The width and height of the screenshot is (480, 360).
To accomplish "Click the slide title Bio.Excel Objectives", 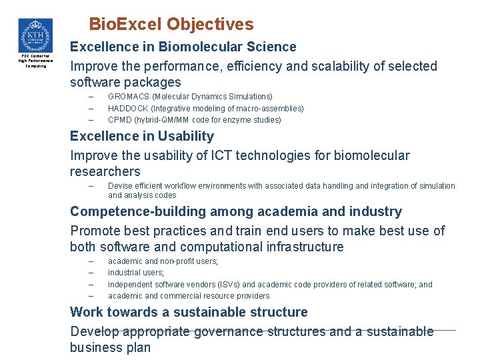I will (x=171, y=25).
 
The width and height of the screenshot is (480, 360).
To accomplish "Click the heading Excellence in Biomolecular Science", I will (x=183, y=47).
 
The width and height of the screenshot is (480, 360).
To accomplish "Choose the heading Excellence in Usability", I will (x=142, y=136).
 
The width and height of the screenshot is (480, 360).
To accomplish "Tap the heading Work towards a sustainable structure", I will (x=189, y=312).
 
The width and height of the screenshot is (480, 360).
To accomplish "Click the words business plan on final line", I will (x=110, y=347).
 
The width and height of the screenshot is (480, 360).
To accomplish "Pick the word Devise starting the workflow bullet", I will (x=121, y=186).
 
